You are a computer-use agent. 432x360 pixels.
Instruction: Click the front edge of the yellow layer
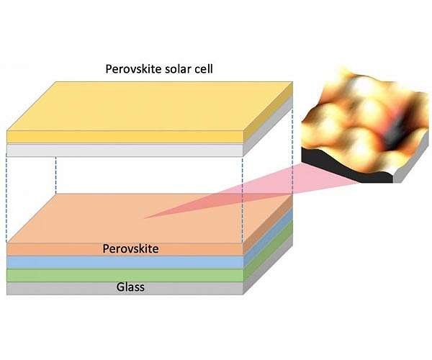122,136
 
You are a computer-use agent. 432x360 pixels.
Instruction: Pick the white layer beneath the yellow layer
122,150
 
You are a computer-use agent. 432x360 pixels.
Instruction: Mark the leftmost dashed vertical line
7,194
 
